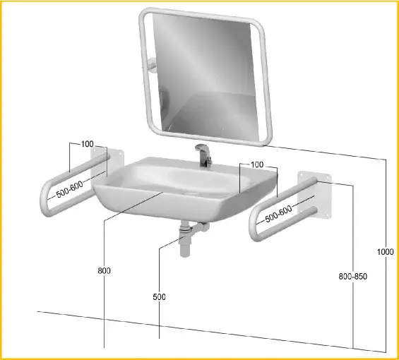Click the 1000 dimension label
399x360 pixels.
385,252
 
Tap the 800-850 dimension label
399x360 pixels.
352,276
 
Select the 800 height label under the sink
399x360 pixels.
104,270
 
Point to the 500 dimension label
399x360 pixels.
160,296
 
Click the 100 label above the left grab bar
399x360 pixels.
88,144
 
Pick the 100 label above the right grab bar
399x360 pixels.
257,164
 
